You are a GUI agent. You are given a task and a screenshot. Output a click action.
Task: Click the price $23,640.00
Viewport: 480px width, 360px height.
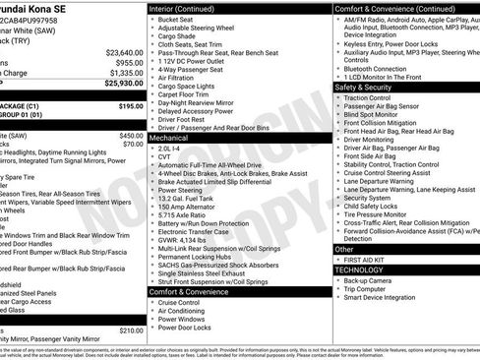click(x=124, y=52)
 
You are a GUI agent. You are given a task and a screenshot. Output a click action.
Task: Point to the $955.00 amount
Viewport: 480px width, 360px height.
click(x=129, y=62)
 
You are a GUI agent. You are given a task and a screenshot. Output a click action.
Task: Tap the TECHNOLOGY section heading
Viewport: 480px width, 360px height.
click(x=360, y=269)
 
